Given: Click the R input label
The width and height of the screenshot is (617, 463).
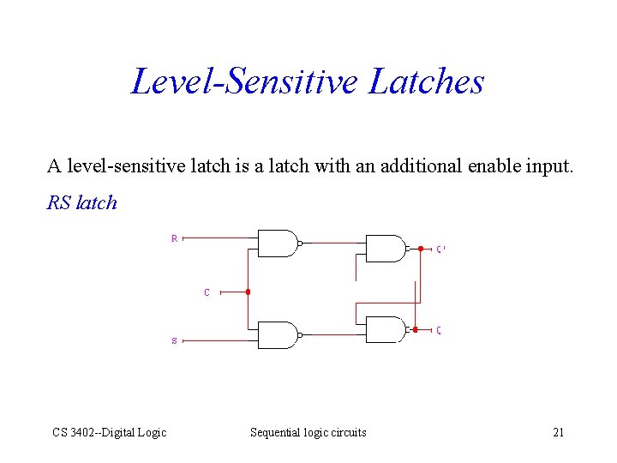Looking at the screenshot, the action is [x=175, y=238].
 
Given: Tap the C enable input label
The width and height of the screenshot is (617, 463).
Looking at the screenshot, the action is [x=207, y=292].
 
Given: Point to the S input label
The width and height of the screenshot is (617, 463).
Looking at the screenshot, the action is [x=175, y=340].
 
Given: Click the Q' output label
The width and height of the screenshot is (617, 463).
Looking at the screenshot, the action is [x=440, y=250].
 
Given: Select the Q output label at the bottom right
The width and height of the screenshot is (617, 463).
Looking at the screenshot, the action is [x=439, y=330].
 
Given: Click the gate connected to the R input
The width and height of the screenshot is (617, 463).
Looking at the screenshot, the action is [x=277, y=244].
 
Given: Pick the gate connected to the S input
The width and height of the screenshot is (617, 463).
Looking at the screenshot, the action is [x=277, y=334].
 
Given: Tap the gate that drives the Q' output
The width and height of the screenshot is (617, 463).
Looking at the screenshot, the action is [x=386, y=249].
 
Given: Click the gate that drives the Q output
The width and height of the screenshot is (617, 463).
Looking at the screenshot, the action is [x=386, y=329].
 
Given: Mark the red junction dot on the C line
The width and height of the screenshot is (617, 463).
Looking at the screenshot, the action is [x=248, y=292].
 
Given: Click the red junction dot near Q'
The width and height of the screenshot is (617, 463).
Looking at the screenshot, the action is [x=421, y=249].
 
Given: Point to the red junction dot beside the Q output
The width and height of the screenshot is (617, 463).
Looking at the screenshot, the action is [x=415, y=329].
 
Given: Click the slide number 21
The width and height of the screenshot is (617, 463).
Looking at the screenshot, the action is [x=558, y=432].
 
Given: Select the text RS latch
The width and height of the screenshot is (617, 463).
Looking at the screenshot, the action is [x=81, y=203].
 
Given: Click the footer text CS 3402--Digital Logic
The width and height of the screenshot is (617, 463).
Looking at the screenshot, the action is [x=109, y=432].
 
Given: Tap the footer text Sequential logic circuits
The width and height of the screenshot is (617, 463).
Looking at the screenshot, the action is [x=308, y=432].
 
